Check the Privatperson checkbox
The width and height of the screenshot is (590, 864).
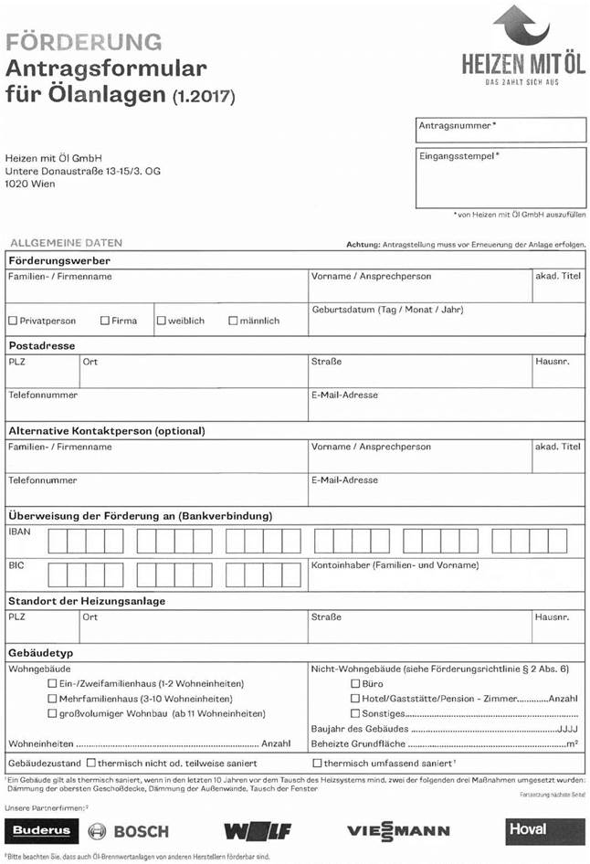pyautogui.click(x=13, y=321)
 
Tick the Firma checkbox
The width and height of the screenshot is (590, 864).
pyautogui.click(x=105, y=321)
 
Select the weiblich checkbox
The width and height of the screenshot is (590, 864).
pyautogui.click(x=161, y=321)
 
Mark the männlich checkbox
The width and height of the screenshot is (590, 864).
pyautogui.click(x=233, y=321)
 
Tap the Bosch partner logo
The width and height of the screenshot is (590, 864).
pyautogui.click(x=129, y=831)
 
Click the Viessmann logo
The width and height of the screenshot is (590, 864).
pyautogui.click(x=398, y=831)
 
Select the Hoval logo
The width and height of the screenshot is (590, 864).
pyautogui.click(x=544, y=829)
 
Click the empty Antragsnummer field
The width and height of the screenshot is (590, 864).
pyautogui.click(x=500, y=134)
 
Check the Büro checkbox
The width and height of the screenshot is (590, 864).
pyautogui.click(x=355, y=684)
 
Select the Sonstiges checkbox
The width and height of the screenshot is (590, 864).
pyautogui.click(x=355, y=713)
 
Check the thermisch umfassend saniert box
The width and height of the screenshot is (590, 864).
pyautogui.click(x=317, y=762)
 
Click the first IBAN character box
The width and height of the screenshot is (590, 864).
pyautogui.click(x=57, y=543)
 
